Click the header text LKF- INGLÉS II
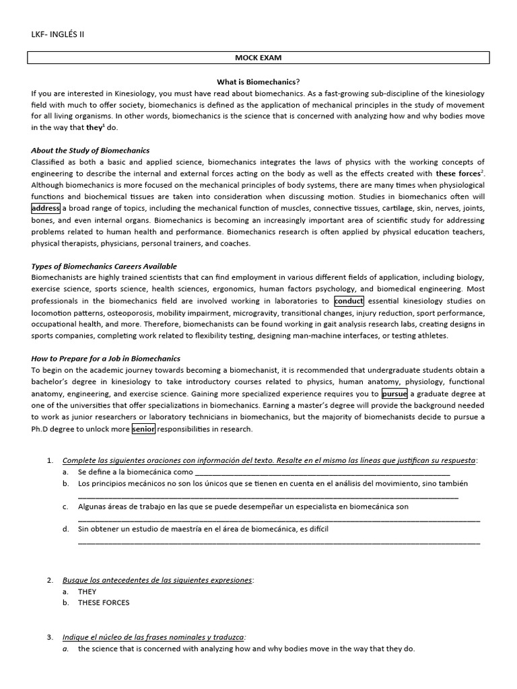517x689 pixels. pyautogui.click(x=58, y=34)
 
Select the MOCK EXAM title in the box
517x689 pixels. pyautogui.click(x=258, y=59)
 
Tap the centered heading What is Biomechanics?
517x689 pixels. pyautogui.click(x=258, y=81)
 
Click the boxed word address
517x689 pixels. pyautogui.click(x=46, y=208)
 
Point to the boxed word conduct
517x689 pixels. pyautogui.click(x=348, y=301)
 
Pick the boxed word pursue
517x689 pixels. pyautogui.click(x=394, y=394)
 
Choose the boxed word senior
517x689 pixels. pyautogui.click(x=143, y=429)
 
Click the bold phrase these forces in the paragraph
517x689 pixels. pyautogui.click(x=460, y=173)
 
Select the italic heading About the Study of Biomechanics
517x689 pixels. pyautogui.click(x=90, y=150)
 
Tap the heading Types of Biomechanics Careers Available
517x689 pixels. pyautogui.click(x=104, y=266)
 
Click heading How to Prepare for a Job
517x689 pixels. pyautogui.click(x=106, y=359)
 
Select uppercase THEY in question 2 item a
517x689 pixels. pyautogui.click(x=88, y=591)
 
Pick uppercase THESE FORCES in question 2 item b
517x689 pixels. pyautogui.click(x=104, y=603)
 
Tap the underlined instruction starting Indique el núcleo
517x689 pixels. pyautogui.click(x=154, y=637)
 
